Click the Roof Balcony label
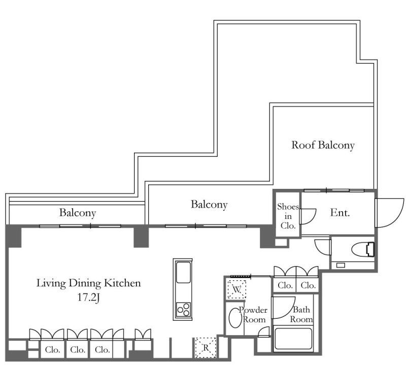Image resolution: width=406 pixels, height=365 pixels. tap(323, 145)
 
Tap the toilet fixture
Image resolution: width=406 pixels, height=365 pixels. tap(363, 249)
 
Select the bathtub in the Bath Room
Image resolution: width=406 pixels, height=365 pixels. tap(293, 339)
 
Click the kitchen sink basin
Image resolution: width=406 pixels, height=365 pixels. tap(183, 273)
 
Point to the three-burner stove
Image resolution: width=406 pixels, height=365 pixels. tap(183, 309)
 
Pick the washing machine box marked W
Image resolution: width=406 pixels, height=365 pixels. tap(236, 289)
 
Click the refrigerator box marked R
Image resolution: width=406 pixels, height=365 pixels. tap(206, 348)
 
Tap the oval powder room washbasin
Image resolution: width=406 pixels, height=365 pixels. tap(235, 318)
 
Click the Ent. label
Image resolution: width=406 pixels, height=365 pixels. tap(340, 213)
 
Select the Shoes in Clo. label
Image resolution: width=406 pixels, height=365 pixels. tap(288, 216)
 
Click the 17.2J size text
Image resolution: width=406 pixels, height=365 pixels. tap(88, 297)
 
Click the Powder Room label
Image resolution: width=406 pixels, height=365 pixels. tap(253, 314)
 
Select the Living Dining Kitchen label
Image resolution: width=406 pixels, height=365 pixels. tap(88, 283)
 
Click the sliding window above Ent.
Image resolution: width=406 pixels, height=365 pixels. tap(334, 191)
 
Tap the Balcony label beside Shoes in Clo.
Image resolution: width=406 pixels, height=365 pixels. tap(209, 205)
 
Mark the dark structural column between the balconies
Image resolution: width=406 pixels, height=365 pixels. tap(141, 236)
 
